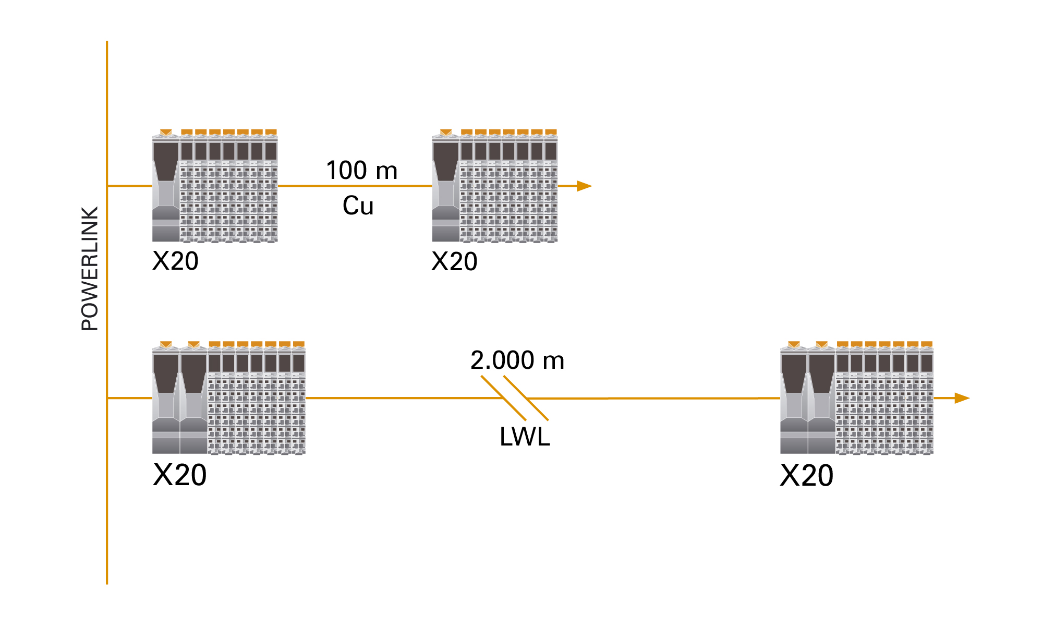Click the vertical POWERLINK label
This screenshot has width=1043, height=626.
pos(90,269)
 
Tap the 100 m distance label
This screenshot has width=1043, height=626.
pos(361,171)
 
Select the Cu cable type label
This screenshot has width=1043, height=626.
pos(358,206)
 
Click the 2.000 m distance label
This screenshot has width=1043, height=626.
pos(517,360)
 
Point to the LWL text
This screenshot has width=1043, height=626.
pos(524,437)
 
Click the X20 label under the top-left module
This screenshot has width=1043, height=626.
pos(175,261)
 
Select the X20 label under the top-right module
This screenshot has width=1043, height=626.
pos(454,261)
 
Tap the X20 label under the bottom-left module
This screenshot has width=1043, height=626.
pos(179,475)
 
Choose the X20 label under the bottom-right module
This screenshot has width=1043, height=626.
pos(806,476)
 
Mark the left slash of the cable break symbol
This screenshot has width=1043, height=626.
pos(503,398)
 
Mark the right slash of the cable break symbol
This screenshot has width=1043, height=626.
pos(526,398)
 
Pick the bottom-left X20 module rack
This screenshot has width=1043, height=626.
pos(228,399)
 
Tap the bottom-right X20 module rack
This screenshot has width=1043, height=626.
pos(856,399)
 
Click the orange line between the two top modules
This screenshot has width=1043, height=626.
pos(355,186)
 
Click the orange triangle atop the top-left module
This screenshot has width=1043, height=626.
pos(166,133)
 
